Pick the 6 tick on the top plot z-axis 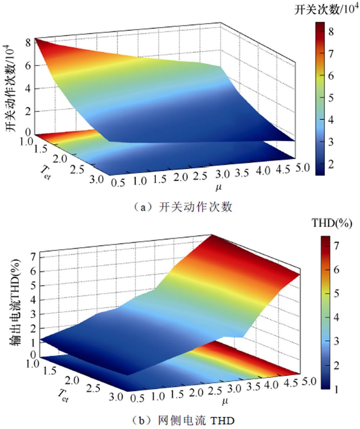click(27, 65)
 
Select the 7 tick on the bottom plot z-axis click(32, 256)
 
